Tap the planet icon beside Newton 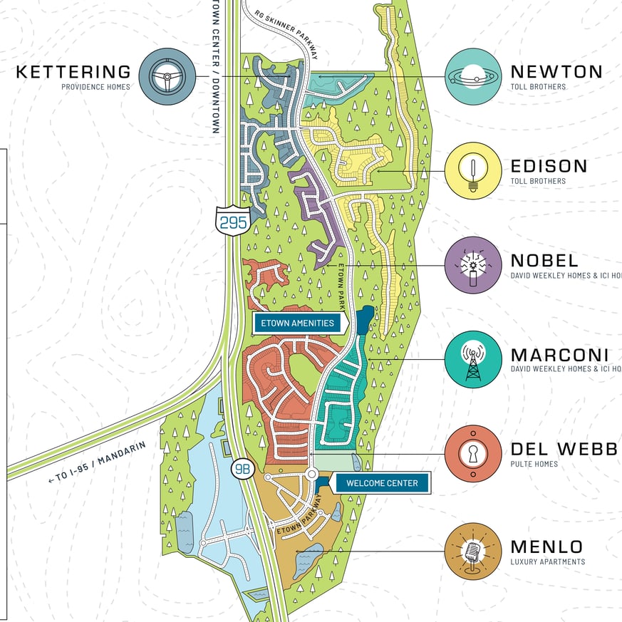click(x=473, y=76)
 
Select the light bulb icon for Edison click(x=473, y=171)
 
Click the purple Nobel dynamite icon click(x=473, y=265)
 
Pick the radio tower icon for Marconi click(x=473, y=360)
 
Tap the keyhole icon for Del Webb click(x=473, y=454)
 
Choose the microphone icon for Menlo click(x=473, y=551)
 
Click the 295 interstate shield click(x=233, y=222)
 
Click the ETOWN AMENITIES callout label click(x=298, y=323)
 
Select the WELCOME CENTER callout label click(x=382, y=483)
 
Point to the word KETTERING click(x=73, y=72)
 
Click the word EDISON click(x=549, y=167)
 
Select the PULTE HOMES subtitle click(x=534, y=465)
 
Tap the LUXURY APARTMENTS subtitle click(x=547, y=562)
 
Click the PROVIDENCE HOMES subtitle click(x=95, y=87)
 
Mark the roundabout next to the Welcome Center click(x=312, y=474)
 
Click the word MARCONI click(x=559, y=356)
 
